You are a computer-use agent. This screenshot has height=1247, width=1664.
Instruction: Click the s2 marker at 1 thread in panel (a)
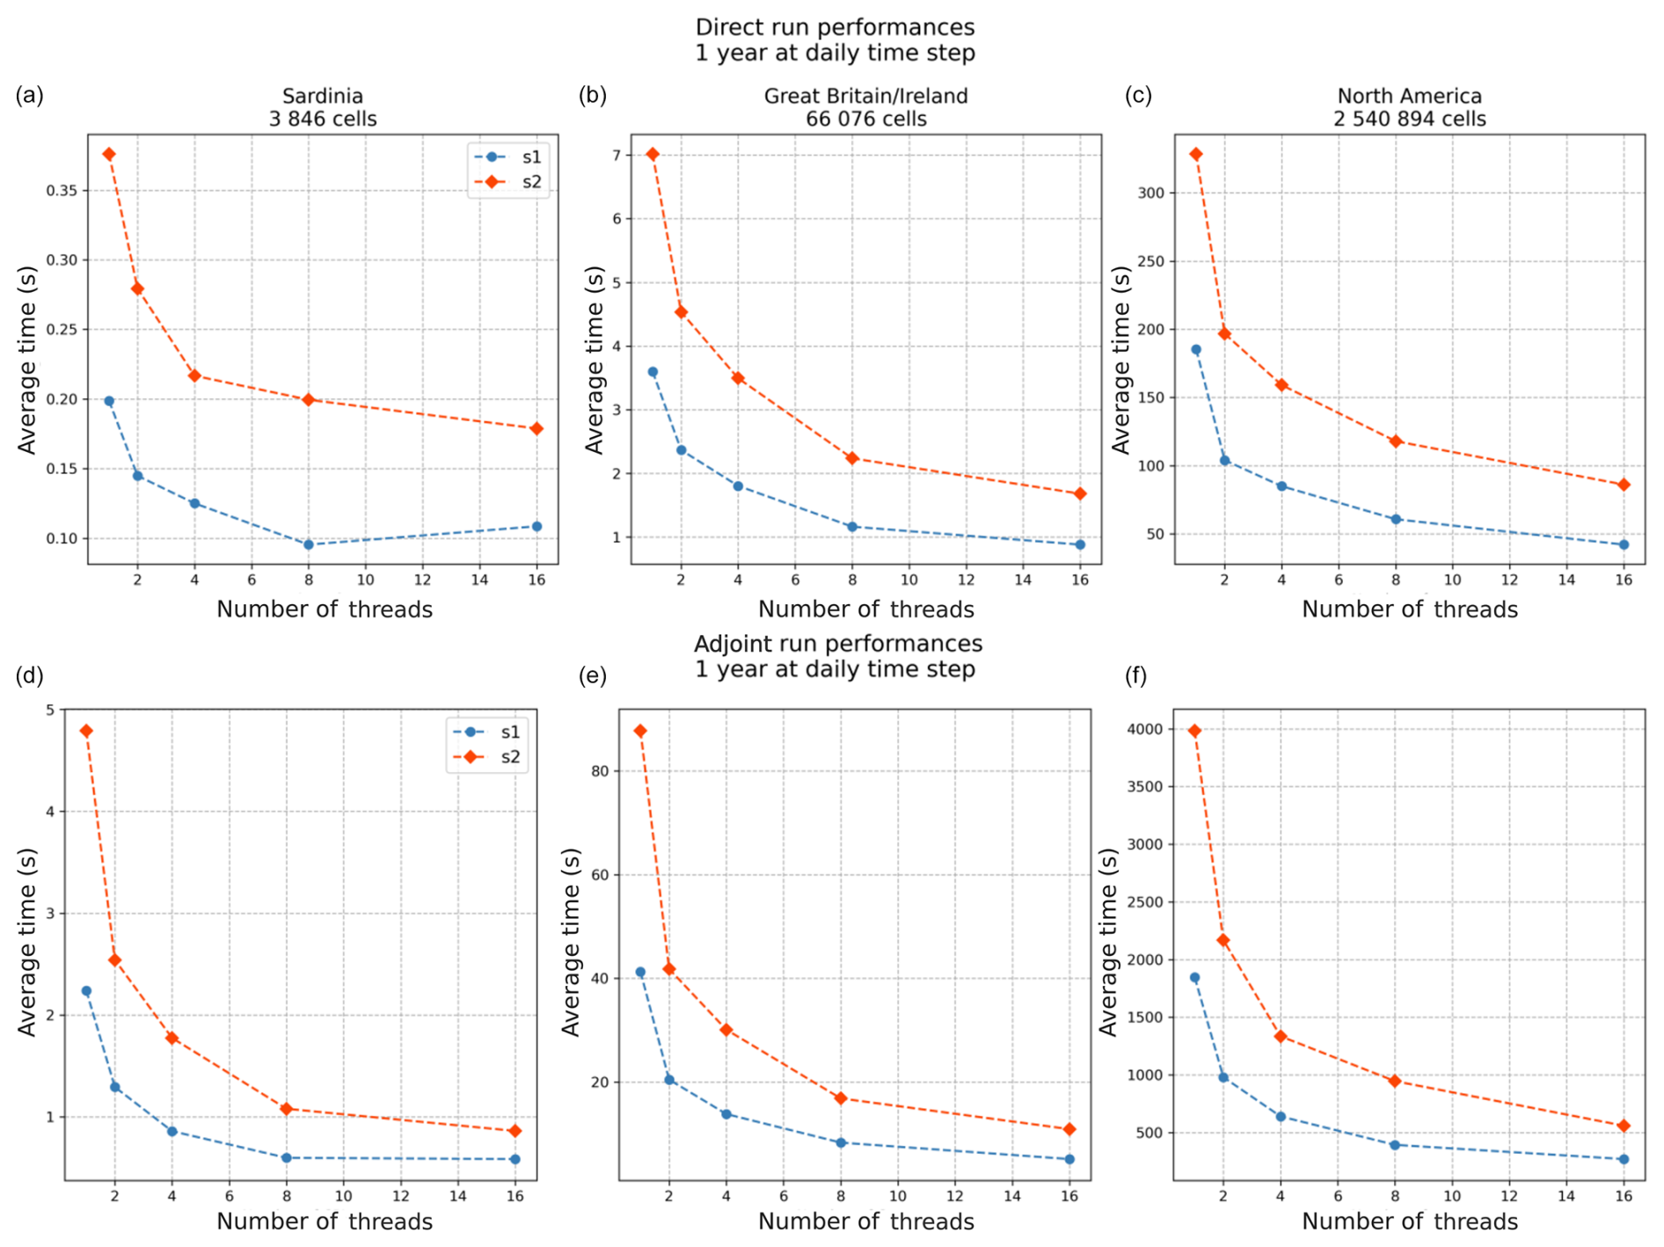109,155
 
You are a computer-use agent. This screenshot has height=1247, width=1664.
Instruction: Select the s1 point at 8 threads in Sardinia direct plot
309,544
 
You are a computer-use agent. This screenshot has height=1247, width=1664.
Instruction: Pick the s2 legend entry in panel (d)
489,757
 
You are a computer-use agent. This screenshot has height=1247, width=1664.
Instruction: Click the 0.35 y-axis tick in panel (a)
62,191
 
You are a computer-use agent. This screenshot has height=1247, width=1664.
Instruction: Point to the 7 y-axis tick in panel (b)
617,156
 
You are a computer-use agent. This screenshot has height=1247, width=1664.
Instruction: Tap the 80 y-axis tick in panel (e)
601,771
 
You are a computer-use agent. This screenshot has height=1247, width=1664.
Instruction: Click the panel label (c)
1138,96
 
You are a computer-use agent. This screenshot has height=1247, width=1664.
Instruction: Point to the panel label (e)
593,675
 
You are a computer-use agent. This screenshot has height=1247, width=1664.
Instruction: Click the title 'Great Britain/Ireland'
865,96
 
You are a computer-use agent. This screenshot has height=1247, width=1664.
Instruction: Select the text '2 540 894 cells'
1409,119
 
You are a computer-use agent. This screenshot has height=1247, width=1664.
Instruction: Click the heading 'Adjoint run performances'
837,644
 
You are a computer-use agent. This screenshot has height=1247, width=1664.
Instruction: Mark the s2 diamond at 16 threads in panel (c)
1624,485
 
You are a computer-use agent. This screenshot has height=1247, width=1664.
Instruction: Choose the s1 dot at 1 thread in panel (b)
653,372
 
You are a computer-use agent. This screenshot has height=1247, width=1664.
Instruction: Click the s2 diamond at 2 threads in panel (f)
1222,940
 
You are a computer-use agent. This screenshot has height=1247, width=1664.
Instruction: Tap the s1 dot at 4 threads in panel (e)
726,1114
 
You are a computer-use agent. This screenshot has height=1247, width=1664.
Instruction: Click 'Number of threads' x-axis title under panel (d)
325,1221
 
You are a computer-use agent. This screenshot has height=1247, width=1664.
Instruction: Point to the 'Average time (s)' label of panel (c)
1120,361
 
